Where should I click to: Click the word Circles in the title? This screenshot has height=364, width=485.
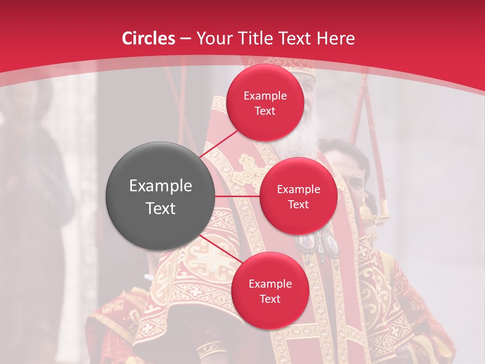(x=148, y=38)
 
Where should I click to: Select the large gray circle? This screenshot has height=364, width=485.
(x=160, y=196)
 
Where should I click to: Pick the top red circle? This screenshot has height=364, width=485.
(x=265, y=103)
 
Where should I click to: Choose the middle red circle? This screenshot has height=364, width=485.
(x=298, y=196)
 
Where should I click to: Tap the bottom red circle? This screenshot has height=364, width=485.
(x=270, y=290)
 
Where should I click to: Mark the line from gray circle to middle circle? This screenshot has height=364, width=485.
(x=237, y=196)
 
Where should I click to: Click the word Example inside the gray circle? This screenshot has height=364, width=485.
(x=160, y=186)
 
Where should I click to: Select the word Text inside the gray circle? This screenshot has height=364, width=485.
(x=160, y=208)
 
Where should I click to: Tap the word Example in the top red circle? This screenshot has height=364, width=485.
(x=265, y=96)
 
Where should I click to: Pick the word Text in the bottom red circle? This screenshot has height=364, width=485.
(x=270, y=299)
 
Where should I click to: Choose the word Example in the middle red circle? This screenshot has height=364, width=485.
(x=298, y=189)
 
